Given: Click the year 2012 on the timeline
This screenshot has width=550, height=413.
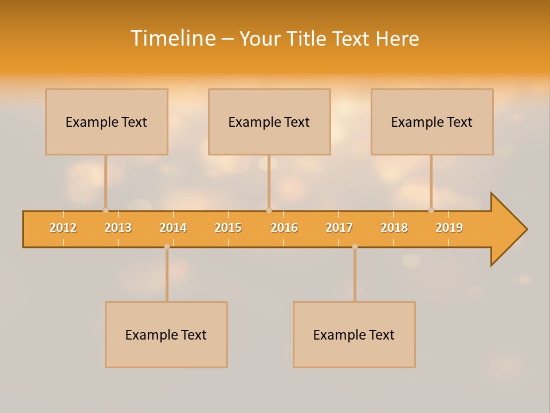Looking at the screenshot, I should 63,228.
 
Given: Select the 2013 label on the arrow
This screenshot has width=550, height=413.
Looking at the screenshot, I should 118,228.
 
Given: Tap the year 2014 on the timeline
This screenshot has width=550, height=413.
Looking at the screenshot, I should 173,228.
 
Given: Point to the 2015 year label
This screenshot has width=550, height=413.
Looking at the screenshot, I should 228,228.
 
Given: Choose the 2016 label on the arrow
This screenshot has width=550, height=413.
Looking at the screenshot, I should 284,228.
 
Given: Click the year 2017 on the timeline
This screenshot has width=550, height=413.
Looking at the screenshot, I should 339,228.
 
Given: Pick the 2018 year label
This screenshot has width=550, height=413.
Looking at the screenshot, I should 394,228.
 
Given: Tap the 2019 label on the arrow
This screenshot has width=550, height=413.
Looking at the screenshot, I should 449,228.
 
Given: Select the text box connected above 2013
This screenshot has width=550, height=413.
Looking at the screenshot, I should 107,122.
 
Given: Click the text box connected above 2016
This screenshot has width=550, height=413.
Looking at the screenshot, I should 269,122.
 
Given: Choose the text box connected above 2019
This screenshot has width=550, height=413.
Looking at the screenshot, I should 432,122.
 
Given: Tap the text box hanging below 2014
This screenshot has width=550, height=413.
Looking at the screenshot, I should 166,334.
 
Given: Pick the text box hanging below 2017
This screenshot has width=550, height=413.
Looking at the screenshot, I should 354,334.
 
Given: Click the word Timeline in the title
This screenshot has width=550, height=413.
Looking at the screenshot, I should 173,38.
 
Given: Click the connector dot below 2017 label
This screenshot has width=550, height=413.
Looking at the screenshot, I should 355,247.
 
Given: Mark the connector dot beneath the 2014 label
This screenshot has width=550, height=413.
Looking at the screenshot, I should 167,247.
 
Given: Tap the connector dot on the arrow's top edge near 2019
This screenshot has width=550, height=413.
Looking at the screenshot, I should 431,211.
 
